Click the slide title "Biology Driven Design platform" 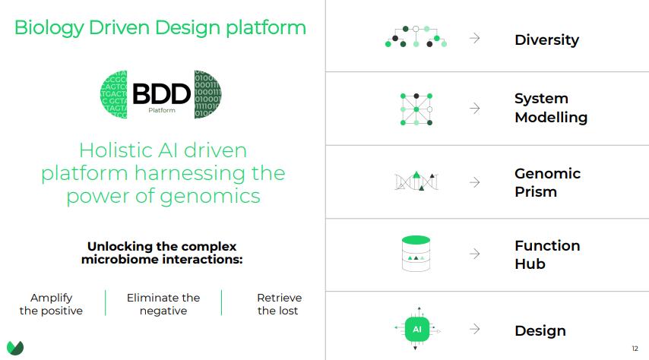click(x=160, y=28)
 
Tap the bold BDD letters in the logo click(x=161, y=93)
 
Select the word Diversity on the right click(x=546, y=39)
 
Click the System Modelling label click(x=550, y=108)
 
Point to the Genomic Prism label click(x=547, y=182)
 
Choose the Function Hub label click(x=546, y=254)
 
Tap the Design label click(x=540, y=330)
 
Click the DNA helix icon click(x=416, y=182)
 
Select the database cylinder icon click(x=416, y=254)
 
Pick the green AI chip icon click(x=416, y=330)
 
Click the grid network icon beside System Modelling click(x=416, y=109)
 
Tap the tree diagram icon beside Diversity click(x=416, y=37)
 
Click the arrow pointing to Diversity click(x=475, y=39)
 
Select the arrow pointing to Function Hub click(x=475, y=254)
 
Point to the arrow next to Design click(x=475, y=329)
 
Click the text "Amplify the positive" click(x=51, y=304)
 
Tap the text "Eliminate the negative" click(x=163, y=304)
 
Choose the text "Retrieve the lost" click(x=279, y=304)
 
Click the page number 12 click(x=635, y=349)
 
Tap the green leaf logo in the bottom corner click(x=14, y=347)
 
